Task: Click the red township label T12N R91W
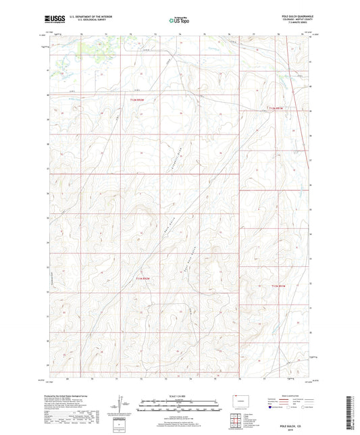coord(278,108)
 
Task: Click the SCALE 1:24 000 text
coord(179,396)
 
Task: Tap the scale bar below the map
coord(179,406)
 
